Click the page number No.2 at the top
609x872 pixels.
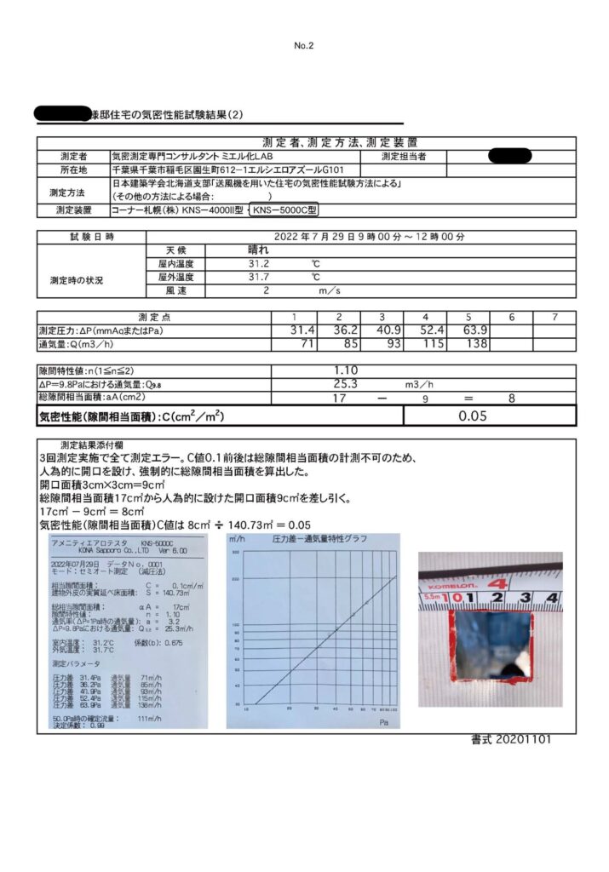tap(304, 45)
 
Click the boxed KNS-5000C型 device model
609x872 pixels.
tap(286, 209)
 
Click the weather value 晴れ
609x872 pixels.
tap(257, 250)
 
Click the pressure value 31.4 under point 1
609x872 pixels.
tap(303, 330)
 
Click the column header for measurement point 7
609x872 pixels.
tap(554, 317)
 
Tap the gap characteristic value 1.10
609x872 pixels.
tap(346, 370)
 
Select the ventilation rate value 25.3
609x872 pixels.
tap(346, 383)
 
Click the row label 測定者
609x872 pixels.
tap(74, 157)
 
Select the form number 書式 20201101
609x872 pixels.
tap(510, 739)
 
